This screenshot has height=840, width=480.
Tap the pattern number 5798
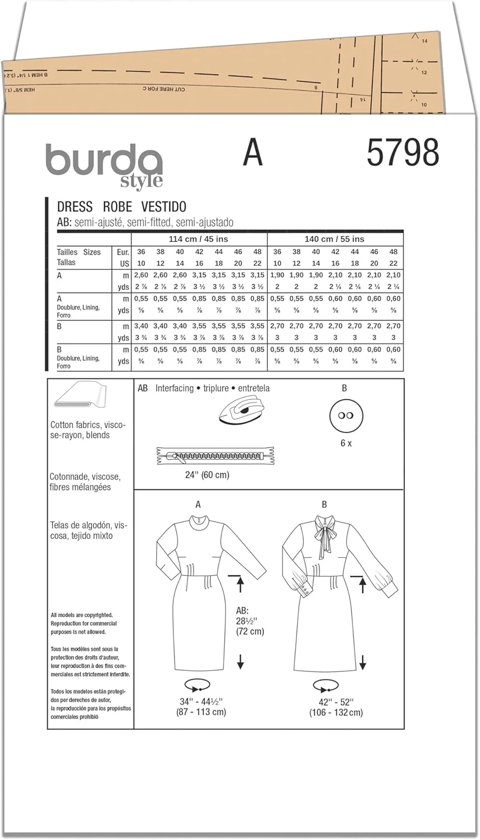click(403, 152)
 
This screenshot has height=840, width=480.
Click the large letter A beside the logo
click(253, 152)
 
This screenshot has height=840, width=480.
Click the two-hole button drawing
click(344, 416)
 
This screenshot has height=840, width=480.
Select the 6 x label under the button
click(344, 442)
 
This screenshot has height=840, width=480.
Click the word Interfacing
click(174, 388)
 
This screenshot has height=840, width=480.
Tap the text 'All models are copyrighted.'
click(82, 615)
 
